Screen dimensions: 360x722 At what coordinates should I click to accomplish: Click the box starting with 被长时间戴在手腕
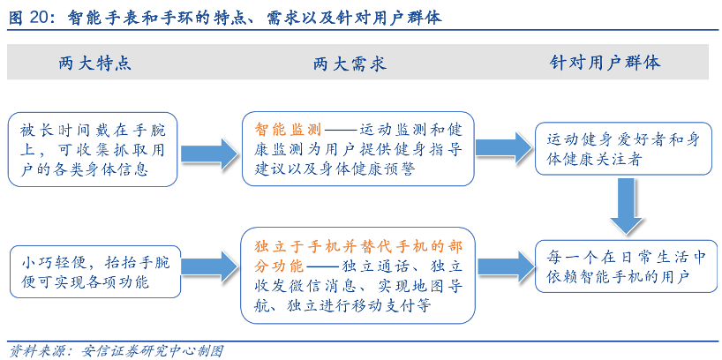pos(93,148)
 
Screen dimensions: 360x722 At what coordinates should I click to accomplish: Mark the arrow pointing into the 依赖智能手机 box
pos(504,266)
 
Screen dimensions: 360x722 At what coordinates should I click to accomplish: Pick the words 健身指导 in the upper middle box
pos(433,148)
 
